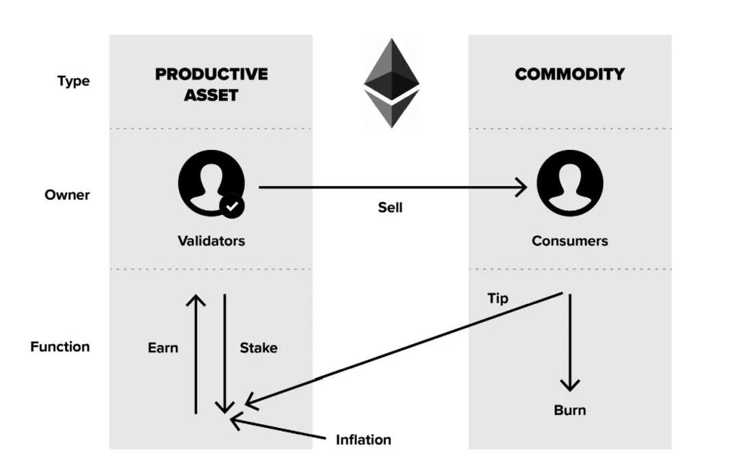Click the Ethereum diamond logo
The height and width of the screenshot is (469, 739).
pos(391,83)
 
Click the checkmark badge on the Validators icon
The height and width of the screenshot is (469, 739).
pos(233,205)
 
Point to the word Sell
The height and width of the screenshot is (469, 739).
pos(390,207)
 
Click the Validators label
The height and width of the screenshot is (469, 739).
pos(211,241)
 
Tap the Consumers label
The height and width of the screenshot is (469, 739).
pos(569,241)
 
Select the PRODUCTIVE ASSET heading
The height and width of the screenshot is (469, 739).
pos(211,84)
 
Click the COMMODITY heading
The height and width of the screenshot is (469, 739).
pos(569,74)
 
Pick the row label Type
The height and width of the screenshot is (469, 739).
pos(73,81)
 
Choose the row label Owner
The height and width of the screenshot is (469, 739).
pos(67,194)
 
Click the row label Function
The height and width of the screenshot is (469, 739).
pos(60,346)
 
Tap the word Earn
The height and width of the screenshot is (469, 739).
pos(163,348)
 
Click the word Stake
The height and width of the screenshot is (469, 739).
pos(258,348)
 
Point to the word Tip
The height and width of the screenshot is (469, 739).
pos(497,299)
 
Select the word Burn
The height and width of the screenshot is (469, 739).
pos(569,410)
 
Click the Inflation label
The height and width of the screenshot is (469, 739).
pos(363,440)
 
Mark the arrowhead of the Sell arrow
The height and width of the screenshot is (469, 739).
pos(522,186)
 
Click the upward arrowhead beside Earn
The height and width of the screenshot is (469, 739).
pos(196,300)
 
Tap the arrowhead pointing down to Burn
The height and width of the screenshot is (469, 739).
pos(569,385)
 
